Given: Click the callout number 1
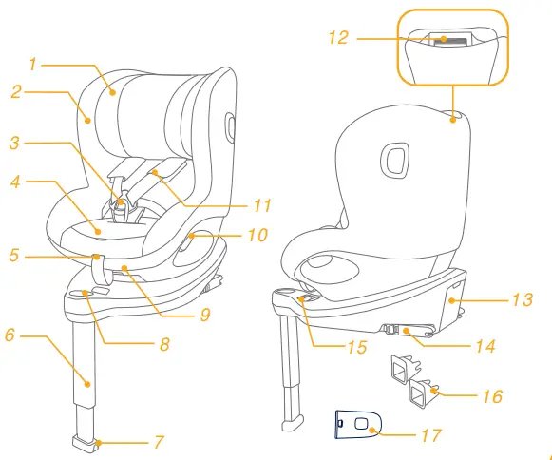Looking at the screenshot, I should pyautogui.click(x=32, y=65).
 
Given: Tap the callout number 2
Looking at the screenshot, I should pyautogui.click(x=16, y=92).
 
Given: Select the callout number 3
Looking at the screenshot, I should pyautogui.click(x=14, y=144).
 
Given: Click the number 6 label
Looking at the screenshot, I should pyautogui.click(x=11, y=335).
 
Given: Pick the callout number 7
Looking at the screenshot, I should pyautogui.click(x=159, y=442).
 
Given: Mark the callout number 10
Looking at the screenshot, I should pyautogui.click(x=257, y=234).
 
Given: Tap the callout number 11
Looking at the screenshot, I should pyautogui.click(x=262, y=204).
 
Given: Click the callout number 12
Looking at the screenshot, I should pyautogui.click(x=338, y=38).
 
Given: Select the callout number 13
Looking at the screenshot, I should pyautogui.click(x=522, y=300).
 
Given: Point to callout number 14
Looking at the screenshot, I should pyautogui.click(x=485, y=347).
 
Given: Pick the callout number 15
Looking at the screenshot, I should pyautogui.click(x=356, y=347).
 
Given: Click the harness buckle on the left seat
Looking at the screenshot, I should pyautogui.click(x=122, y=201).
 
